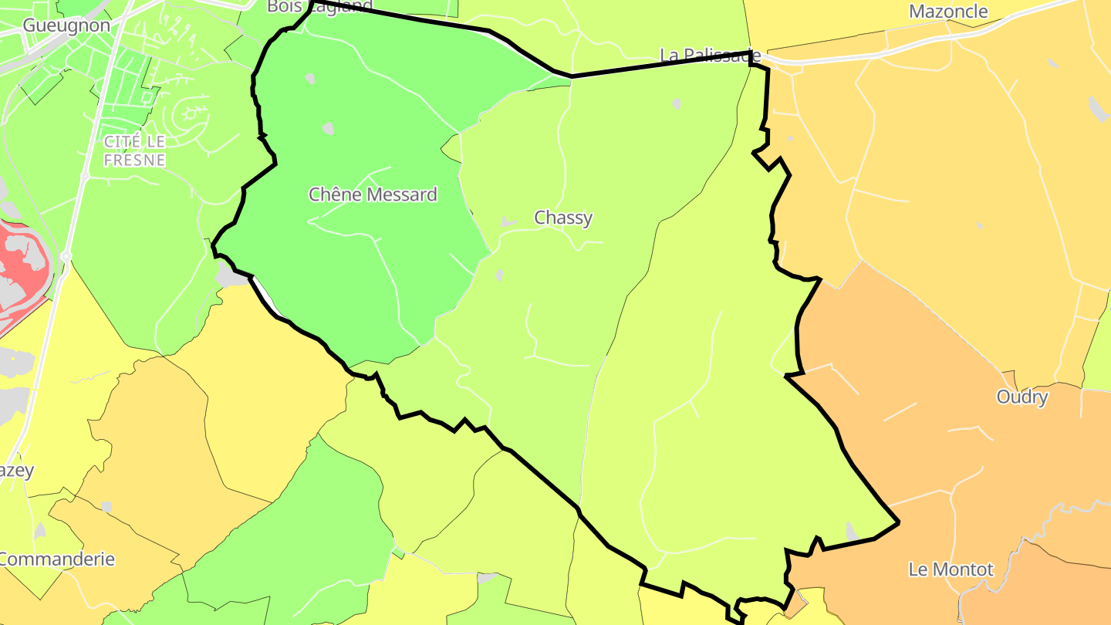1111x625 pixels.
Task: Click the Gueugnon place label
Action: point(66,25)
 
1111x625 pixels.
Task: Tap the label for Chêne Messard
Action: point(373,194)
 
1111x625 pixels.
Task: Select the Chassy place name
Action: point(563,218)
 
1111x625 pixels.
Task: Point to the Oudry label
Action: point(1022,397)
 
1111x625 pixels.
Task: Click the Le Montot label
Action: point(951,570)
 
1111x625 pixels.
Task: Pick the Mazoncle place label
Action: point(948,12)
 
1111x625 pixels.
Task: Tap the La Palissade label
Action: point(711,56)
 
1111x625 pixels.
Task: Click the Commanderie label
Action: point(57,559)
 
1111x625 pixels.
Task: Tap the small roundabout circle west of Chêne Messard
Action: point(66,255)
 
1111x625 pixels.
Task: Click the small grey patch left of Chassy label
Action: point(508,222)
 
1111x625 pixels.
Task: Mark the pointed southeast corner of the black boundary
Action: point(898,522)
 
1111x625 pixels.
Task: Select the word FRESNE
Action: point(135,160)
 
